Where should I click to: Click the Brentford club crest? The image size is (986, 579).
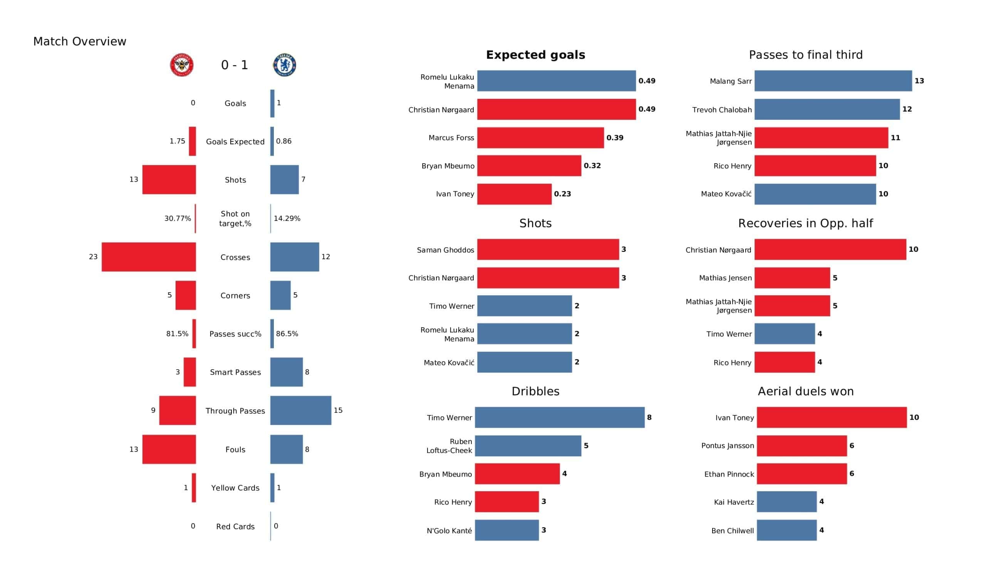(x=181, y=65)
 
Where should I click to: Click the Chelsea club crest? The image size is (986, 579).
(x=285, y=65)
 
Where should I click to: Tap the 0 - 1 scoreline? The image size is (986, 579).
(x=235, y=65)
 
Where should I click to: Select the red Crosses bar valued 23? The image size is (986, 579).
(x=149, y=257)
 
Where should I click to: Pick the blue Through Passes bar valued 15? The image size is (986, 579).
(x=300, y=410)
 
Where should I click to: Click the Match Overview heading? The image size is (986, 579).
(x=80, y=42)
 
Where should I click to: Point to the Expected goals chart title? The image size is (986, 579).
(x=535, y=55)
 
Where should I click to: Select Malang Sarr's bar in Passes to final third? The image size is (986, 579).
(x=833, y=81)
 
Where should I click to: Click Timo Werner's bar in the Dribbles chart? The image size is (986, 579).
(x=560, y=417)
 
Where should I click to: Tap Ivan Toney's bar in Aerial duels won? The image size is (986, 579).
(x=832, y=417)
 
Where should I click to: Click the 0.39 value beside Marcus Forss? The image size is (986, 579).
(x=615, y=138)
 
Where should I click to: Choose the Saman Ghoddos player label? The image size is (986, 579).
(x=445, y=250)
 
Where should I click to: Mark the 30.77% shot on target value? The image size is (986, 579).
(x=178, y=219)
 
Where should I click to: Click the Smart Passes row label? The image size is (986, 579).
(x=235, y=372)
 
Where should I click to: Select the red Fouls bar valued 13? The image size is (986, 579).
(x=169, y=450)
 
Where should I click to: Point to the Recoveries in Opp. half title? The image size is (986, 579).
(x=805, y=223)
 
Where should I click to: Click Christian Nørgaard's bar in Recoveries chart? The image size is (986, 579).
(x=830, y=249)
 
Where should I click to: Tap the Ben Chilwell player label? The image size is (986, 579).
(x=732, y=531)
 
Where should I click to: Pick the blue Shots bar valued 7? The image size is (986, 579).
(x=285, y=179)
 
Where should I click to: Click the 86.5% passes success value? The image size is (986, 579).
(x=287, y=334)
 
